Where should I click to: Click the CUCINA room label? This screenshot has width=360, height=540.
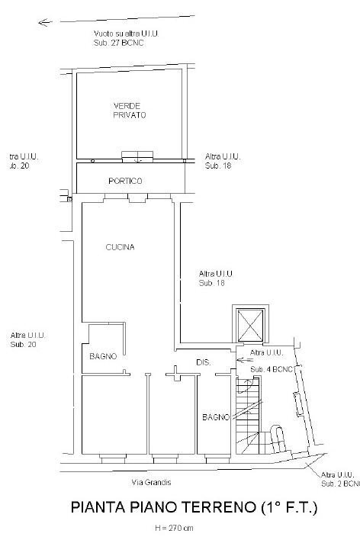tap(121, 247)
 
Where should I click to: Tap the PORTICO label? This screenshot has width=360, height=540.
tap(125, 181)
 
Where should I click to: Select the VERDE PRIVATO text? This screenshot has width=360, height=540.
tap(130, 110)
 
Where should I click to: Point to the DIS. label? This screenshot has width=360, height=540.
tap(203, 362)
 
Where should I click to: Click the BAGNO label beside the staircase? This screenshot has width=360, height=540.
tap(216, 417)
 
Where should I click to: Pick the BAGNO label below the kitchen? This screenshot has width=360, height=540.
tap(101, 356)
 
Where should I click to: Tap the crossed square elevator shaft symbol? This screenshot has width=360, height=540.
tap(250, 325)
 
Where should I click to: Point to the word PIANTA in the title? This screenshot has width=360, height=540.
tap(96, 507)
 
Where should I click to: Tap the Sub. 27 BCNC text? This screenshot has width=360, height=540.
tap(119, 43)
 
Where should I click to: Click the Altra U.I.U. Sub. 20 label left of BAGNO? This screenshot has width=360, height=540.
tap(29, 340)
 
